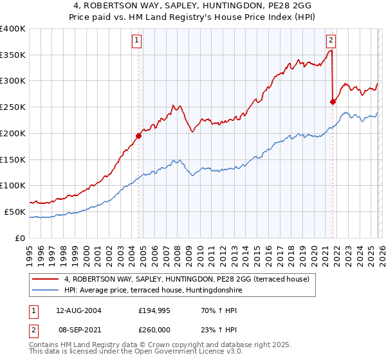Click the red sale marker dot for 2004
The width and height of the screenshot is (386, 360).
(138, 136)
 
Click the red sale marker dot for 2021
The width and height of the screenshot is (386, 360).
(333, 102)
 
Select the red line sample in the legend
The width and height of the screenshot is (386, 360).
(46, 279)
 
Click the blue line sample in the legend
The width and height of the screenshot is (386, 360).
(46, 290)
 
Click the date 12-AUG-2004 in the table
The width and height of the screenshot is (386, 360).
(78, 310)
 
